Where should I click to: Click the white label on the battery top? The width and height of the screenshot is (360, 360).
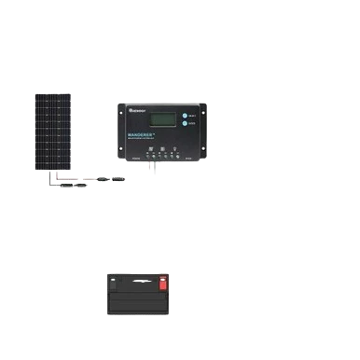[x=141, y=279]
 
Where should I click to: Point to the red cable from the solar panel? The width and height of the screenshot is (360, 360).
[x=70, y=176]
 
